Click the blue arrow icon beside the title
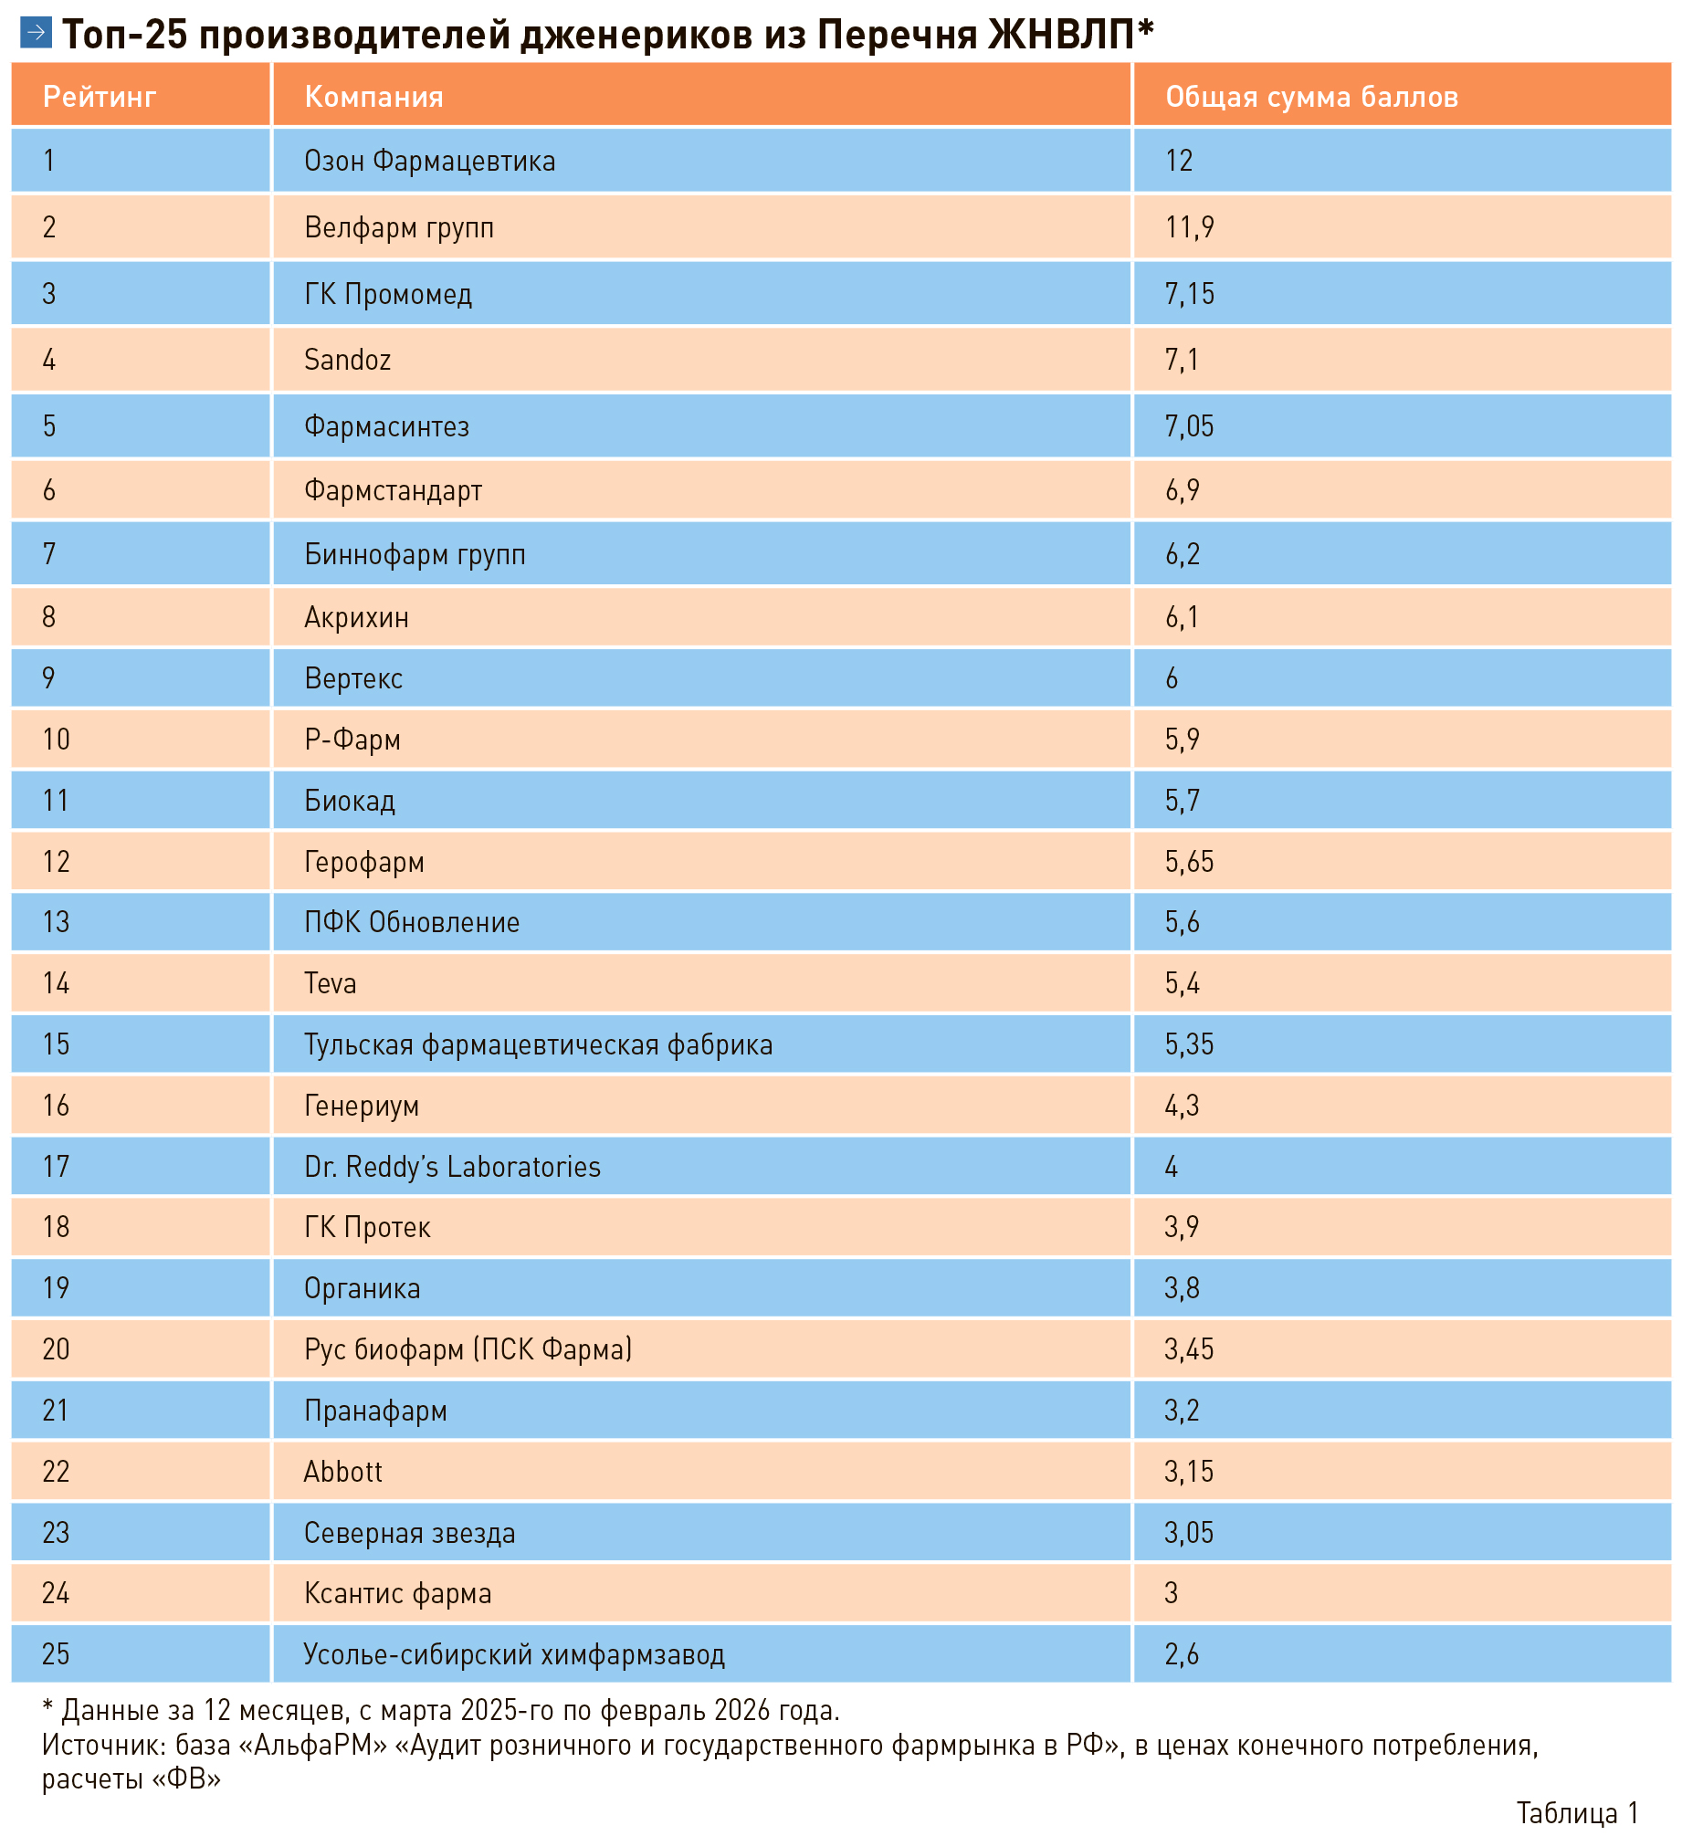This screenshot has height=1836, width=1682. coord(36,34)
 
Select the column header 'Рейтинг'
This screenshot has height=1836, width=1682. coord(100,97)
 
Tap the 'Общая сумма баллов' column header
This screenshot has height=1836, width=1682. coord(1311,97)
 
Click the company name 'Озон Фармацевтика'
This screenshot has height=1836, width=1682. coord(429,161)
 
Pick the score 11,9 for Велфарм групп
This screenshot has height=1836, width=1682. coord(1189,227)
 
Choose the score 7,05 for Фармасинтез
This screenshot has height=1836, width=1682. coord(1189,426)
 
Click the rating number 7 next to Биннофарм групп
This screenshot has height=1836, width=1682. coord(49,554)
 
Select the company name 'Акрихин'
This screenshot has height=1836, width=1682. coord(356,617)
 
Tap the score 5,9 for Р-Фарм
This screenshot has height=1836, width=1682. coord(1182,740)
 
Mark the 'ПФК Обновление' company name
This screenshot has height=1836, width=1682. coord(412,922)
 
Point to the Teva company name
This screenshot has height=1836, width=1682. coord(330,983)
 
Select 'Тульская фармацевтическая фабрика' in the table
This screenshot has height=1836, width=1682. coord(538,1044)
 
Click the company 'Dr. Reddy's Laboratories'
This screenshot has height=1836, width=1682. coord(452,1167)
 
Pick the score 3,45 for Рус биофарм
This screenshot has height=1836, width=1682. coord(1189,1349)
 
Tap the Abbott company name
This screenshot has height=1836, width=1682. coord(342,1472)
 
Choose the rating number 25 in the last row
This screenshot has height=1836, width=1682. coord(56,1654)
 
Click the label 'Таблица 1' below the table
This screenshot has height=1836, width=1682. coord(1577,1812)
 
